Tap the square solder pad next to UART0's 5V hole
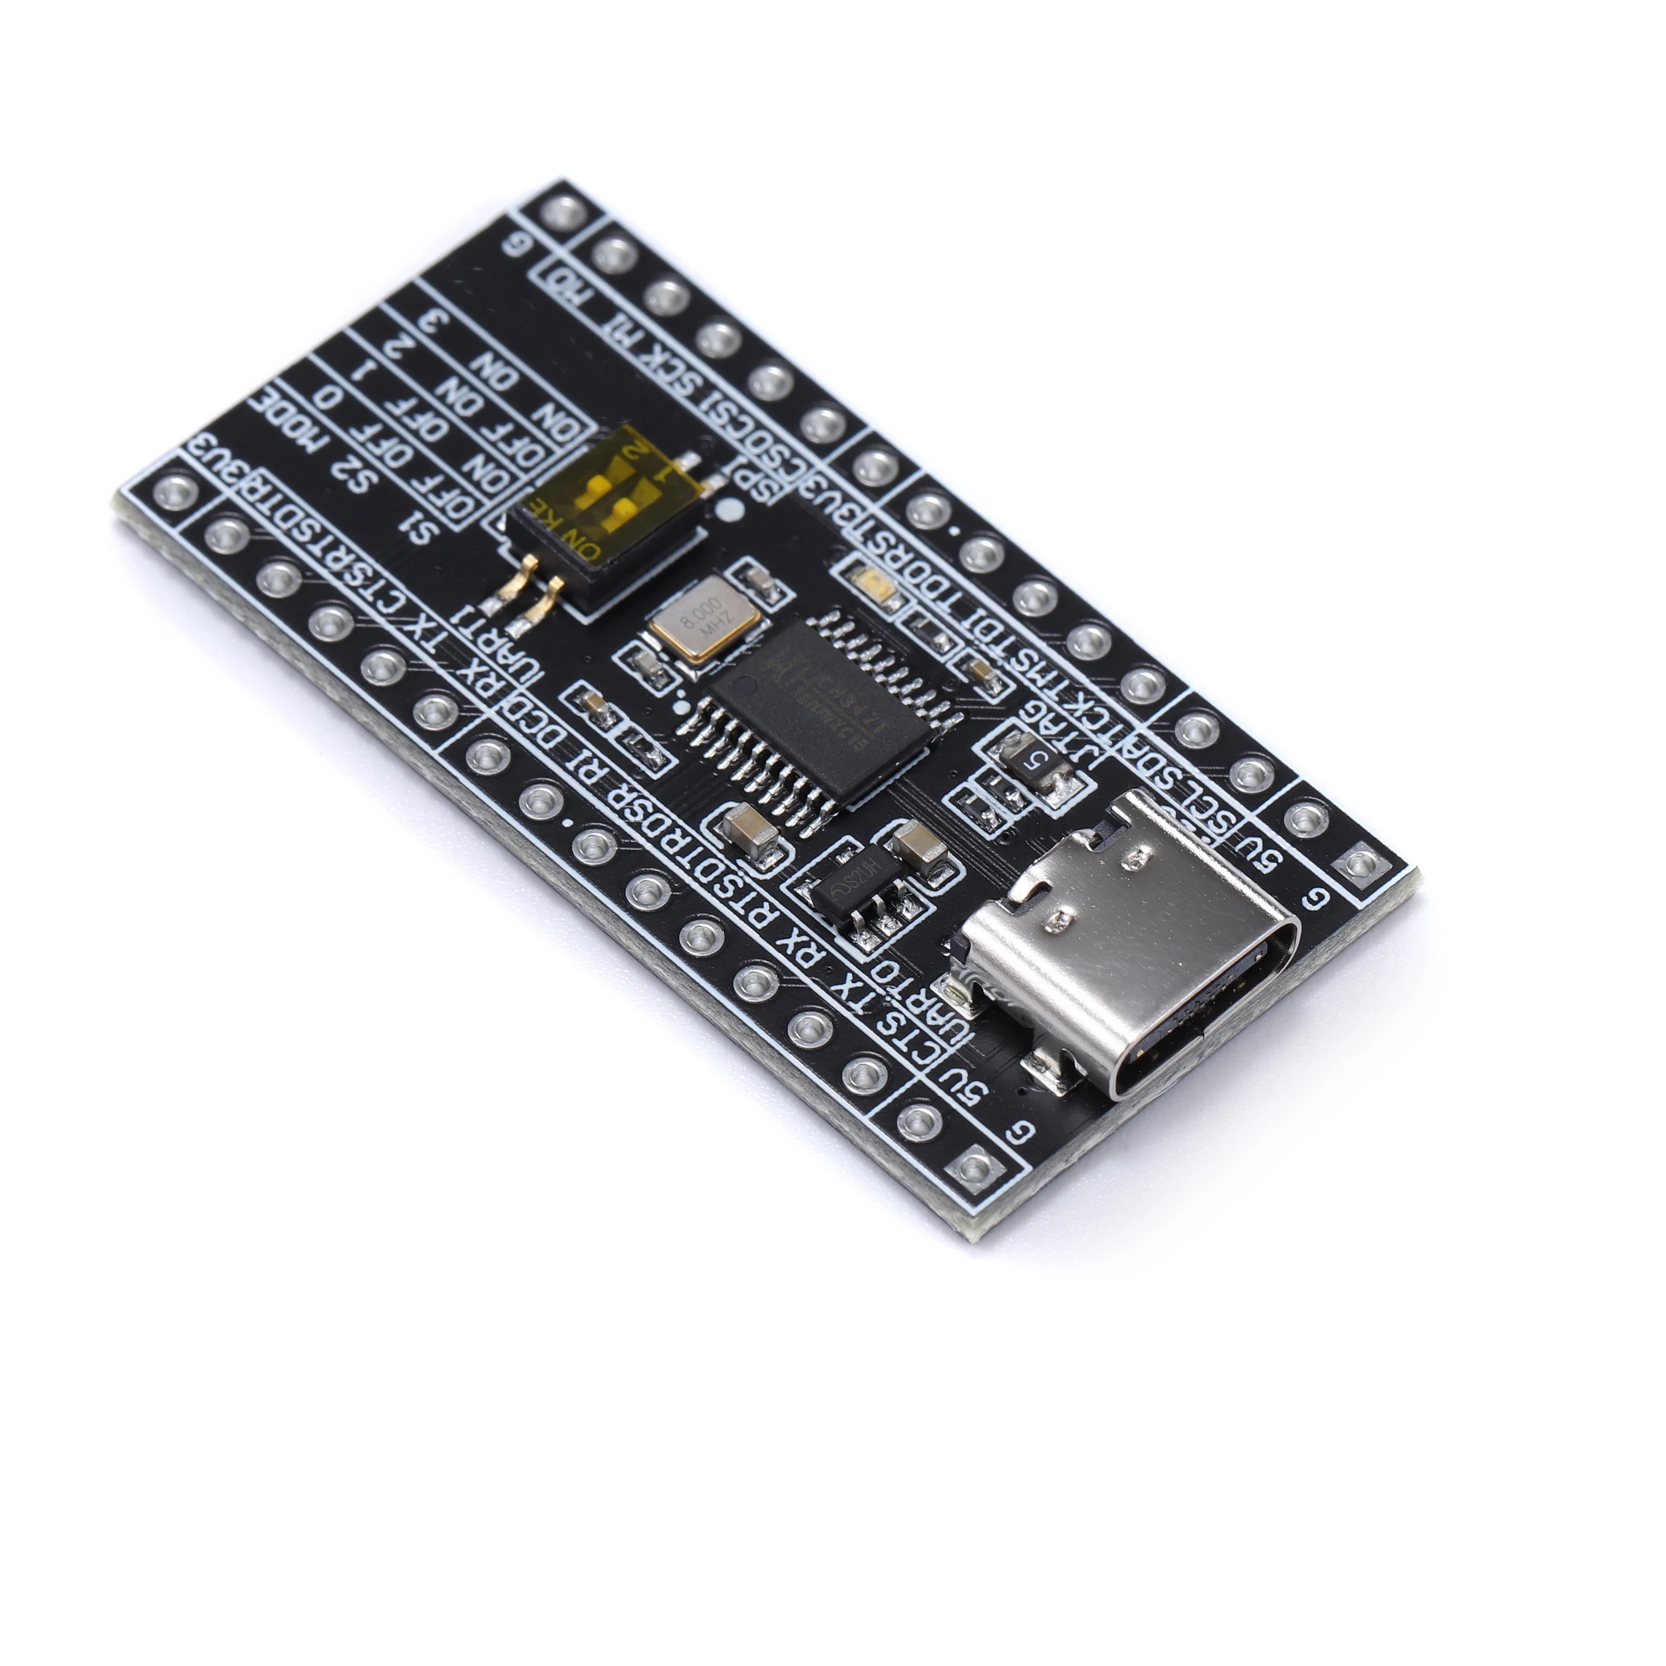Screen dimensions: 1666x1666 974,1169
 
